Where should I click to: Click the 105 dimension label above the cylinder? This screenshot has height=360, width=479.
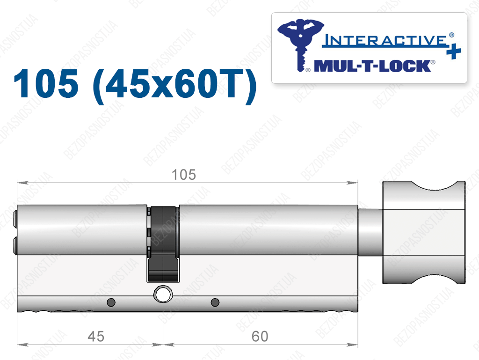click(183, 175)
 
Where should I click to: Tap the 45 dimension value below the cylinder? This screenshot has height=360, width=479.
click(96, 337)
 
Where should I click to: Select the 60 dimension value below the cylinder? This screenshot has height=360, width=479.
click(260, 337)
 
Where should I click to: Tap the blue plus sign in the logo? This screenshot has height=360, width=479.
click(454, 51)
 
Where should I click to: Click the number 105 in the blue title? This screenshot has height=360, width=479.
click(46, 84)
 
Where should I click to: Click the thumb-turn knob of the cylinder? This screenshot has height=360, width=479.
click(424, 232)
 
